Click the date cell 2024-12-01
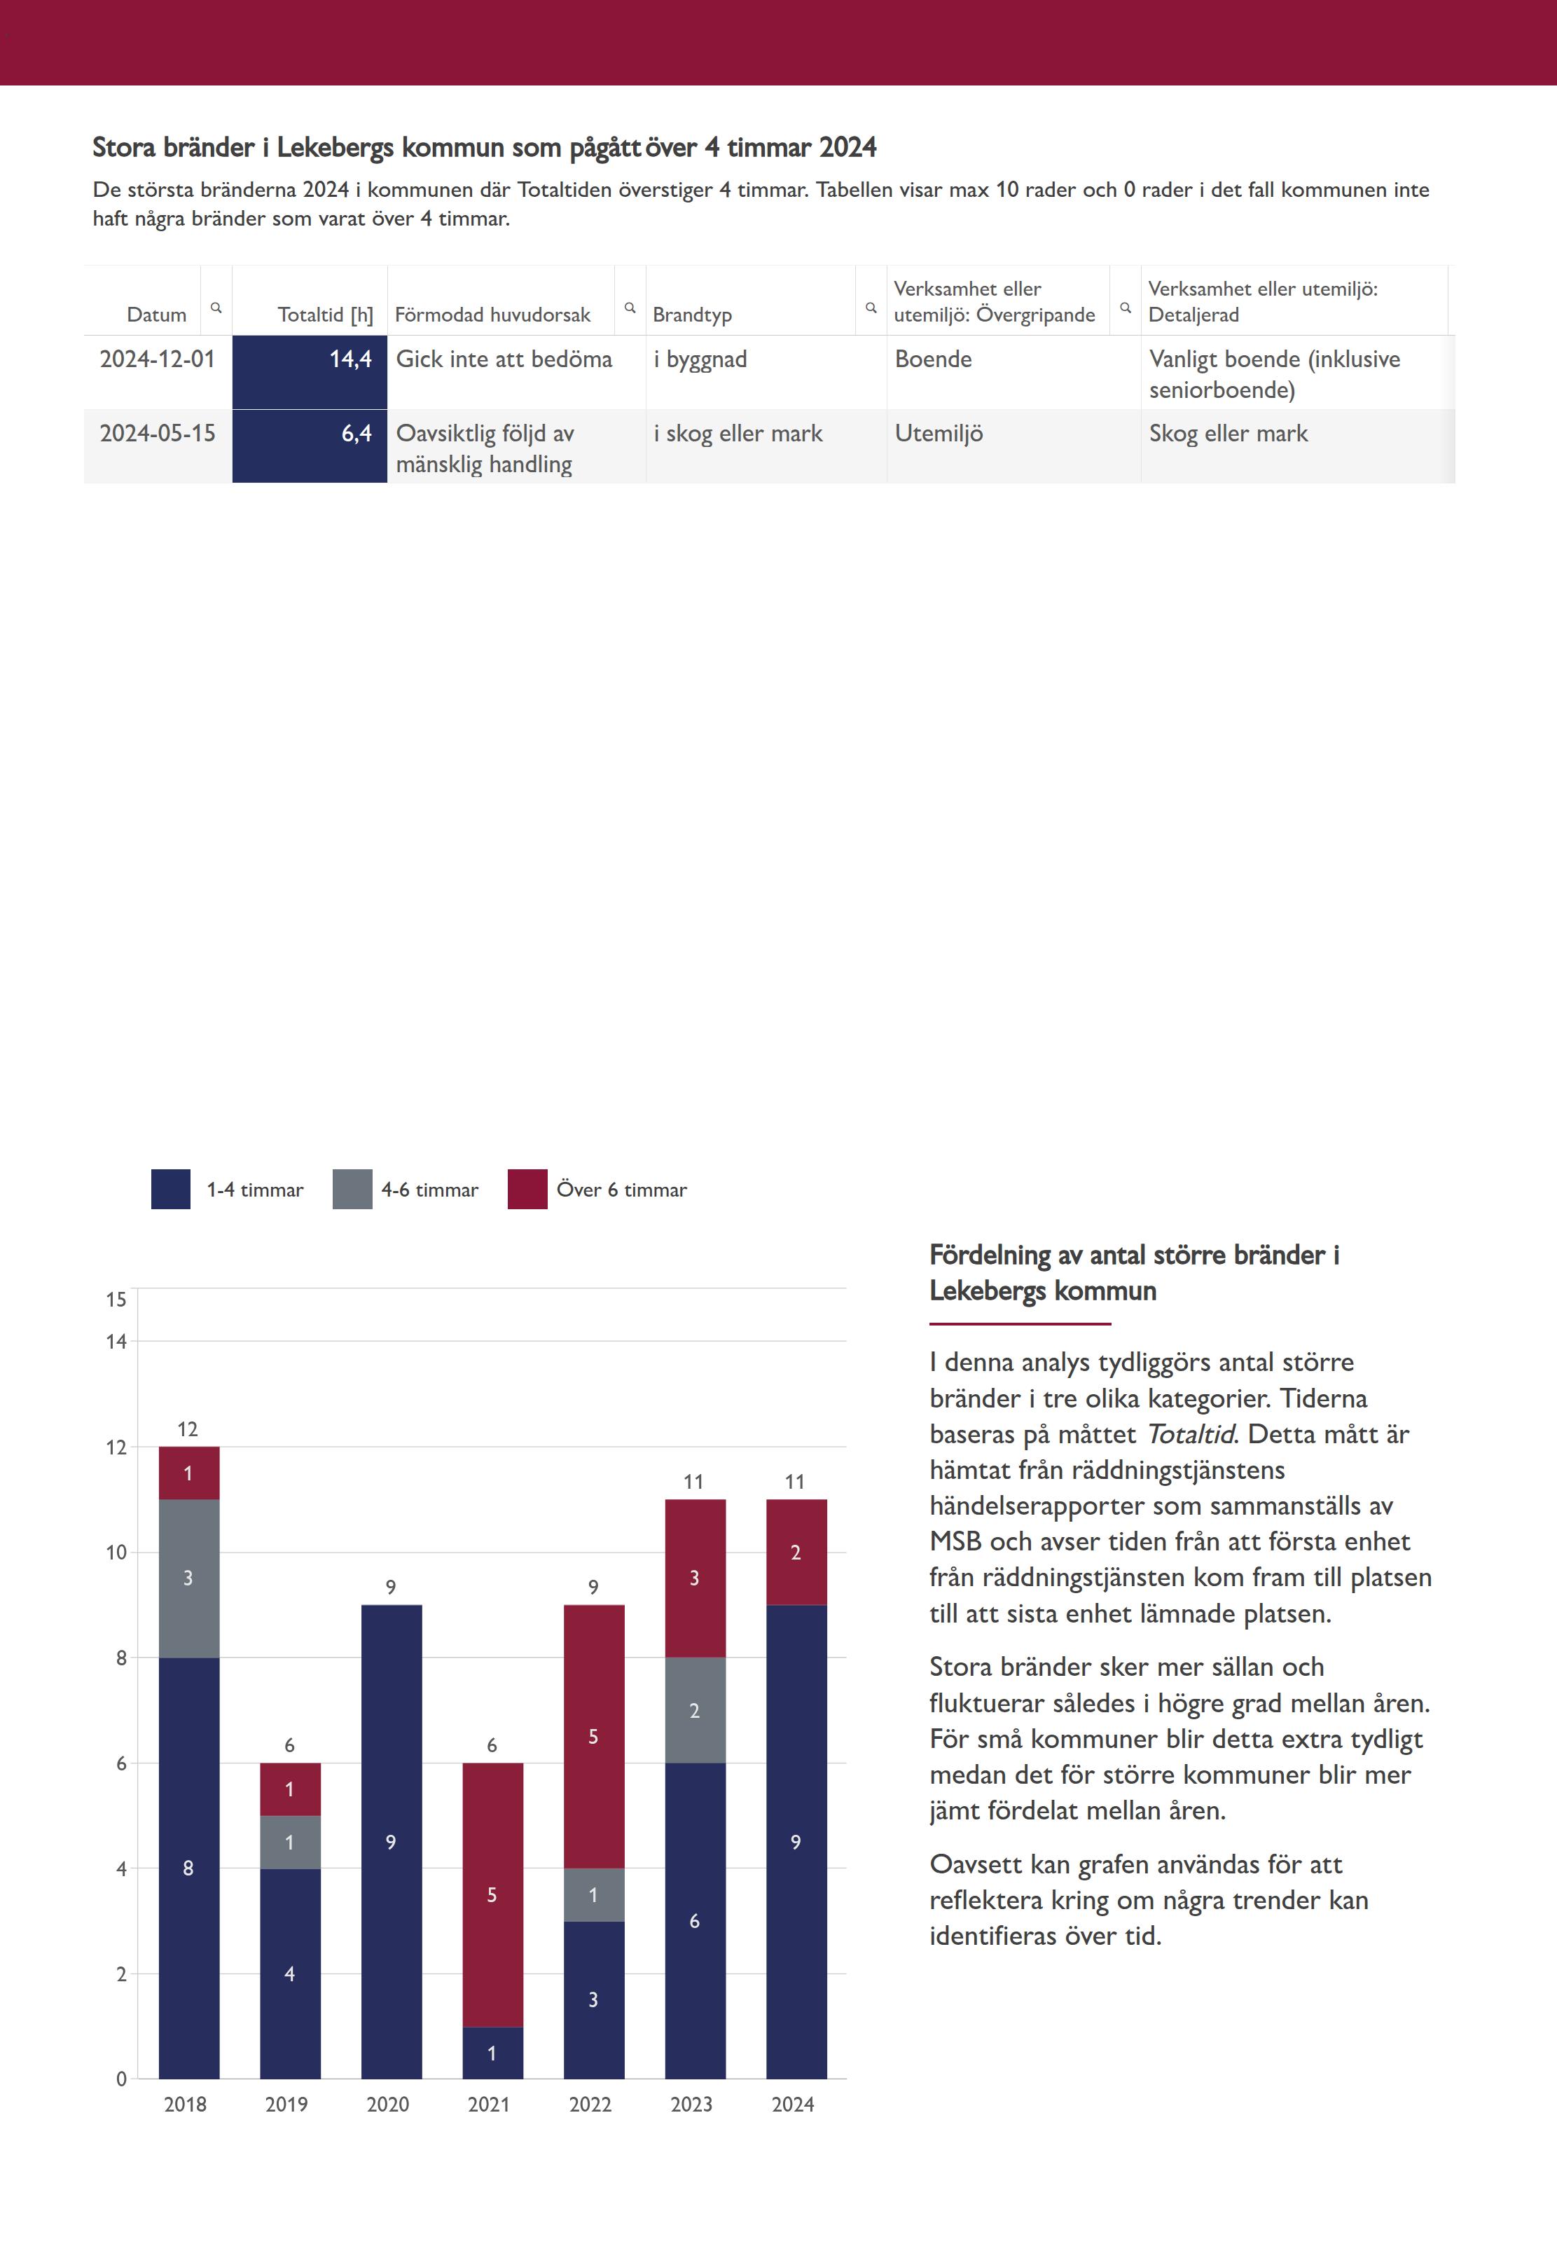[x=157, y=359]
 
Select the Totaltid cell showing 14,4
[x=310, y=372]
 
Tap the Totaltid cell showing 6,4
[x=310, y=446]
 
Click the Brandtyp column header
[x=692, y=314]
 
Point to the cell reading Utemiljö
[x=939, y=433]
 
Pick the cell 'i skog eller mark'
[x=738, y=433]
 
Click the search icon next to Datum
[x=216, y=308]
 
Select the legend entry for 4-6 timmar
[x=406, y=1190]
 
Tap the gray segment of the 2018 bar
[x=188, y=1578]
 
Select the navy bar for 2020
[x=392, y=1841]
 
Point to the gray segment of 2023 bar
[x=695, y=1709]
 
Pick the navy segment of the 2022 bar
[x=593, y=1999]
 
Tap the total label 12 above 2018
[x=187, y=1429]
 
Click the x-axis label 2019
[x=287, y=2105]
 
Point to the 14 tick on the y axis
[x=116, y=1342]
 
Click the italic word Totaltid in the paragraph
[x=1189, y=1434]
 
